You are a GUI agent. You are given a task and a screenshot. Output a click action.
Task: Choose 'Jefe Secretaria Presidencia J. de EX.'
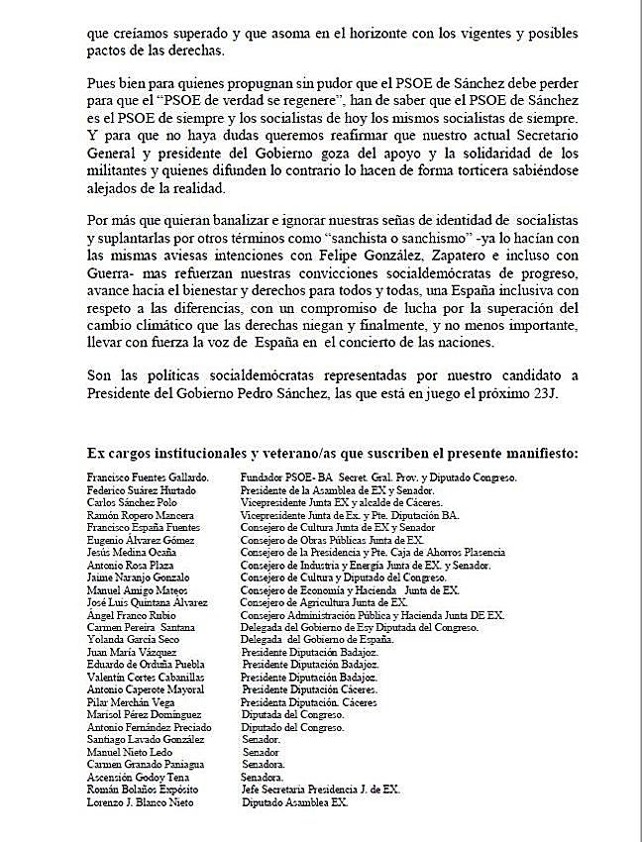click(321, 789)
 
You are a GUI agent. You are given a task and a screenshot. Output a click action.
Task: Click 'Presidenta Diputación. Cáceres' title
click(311, 700)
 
